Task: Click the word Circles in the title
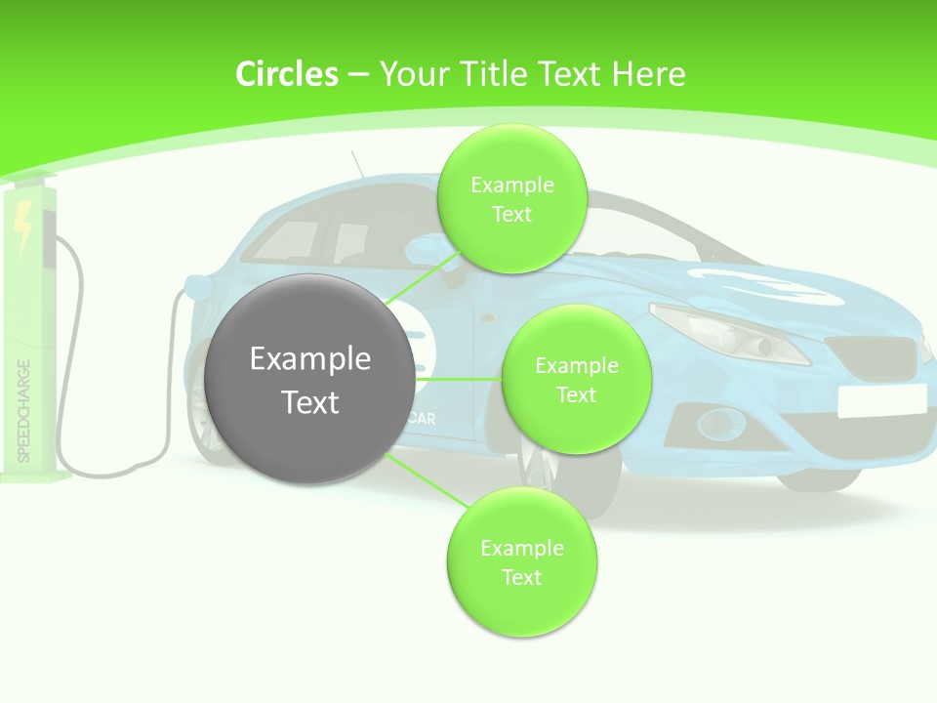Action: (x=286, y=74)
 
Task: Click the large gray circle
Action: (x=311, y=380)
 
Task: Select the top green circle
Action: (x=511, y=199)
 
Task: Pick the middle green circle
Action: (x=576, y=380)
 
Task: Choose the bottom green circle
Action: (x=521, y=562)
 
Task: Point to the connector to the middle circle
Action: (x=458, y=379)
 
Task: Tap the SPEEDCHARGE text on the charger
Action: (x=24, y=410)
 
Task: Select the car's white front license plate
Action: (x=881, y=400)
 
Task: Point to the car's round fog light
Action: (x=721, y=423)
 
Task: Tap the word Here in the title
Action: (x=649, y=74)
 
